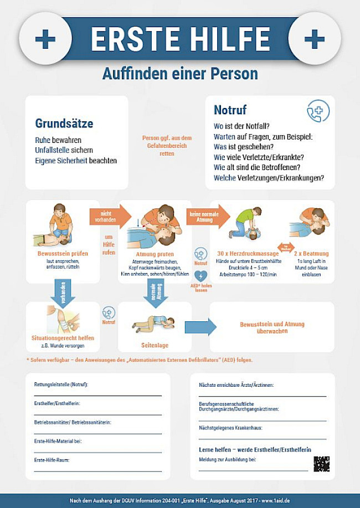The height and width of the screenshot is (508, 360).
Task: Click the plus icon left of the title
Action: [x=45, y=38]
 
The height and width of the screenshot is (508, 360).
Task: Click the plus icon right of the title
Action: [x=315, y=38]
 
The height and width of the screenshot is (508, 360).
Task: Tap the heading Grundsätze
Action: [x=64, y=123]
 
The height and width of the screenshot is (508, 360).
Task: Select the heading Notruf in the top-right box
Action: [x=230, y=110]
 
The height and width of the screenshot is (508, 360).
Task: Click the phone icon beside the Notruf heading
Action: [x=318, y=111]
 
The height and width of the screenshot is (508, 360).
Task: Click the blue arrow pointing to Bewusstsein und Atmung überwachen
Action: [x=200, y=327]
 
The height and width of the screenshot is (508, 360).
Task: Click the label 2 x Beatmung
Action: [x=311, y=254]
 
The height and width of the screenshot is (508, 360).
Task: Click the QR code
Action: [x=321, y=464]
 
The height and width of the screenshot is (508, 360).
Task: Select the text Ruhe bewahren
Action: [x=58, y=140]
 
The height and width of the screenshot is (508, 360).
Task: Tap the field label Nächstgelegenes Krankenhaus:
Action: [x=230, y=428]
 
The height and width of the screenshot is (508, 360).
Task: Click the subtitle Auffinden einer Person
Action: [x=180, y=73]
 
